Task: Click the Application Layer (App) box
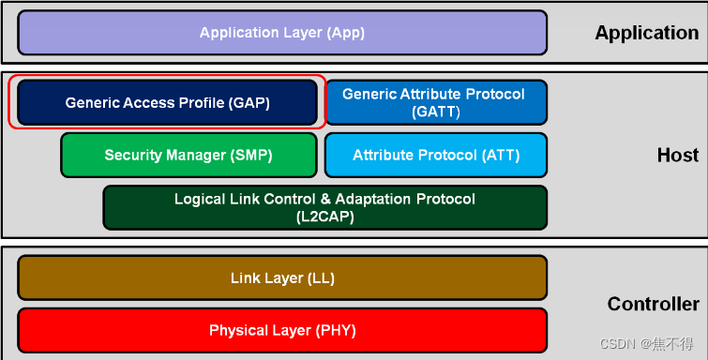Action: click(x=281, y=33)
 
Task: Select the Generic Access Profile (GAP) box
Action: click(x=168, y=102)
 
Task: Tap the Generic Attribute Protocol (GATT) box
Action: click(x=435, y=102)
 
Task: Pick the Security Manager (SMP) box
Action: click(x=188, y=155)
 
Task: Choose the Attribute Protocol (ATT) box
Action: click(x=435, y=155)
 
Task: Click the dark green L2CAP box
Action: click(x=324, y=207)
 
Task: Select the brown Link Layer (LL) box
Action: click(x=281, y=277)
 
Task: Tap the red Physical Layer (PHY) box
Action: click(x=281, y=330)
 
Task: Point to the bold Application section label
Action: click(x=646, y=33)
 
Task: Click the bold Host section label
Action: click(x=677, y=155)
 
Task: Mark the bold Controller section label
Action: click(x=653, y=304)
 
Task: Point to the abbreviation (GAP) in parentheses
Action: click(x=248, y=103)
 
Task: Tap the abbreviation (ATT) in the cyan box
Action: click(x=498, y=156)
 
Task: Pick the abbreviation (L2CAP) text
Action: click(x=324, y=217)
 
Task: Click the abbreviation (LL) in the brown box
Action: click(x=320, y=278)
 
